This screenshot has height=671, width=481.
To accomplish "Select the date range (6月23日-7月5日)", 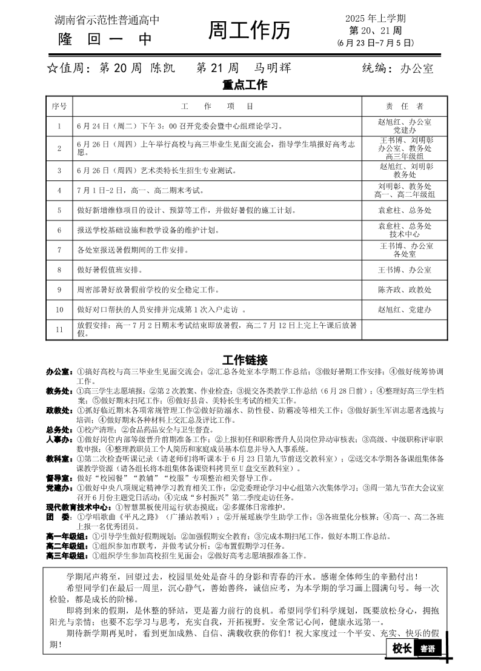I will [x=376, y=43].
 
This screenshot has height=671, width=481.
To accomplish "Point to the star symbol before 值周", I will [x=51, y=68].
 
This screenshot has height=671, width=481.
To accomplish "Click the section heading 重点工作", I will [x=244, y=85].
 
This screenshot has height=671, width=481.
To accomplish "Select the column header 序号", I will [x=59, y=106].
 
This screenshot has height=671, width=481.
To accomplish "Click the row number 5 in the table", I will [x=59, y=211].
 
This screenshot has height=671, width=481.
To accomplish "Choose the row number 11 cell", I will [x=59, y=329].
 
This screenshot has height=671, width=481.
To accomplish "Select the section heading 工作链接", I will [x=244, y=359].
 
